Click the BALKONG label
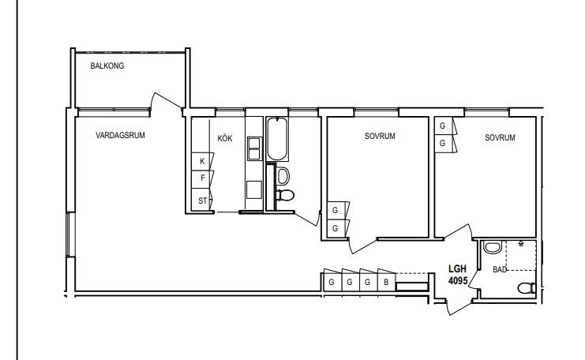pos(107,66)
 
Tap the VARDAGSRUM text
pos(120,135)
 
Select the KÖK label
pos(224,138)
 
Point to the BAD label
pos(500,269)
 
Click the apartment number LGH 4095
pos(458,275)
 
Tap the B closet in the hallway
pos(387,283)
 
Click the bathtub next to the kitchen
pos(277,139)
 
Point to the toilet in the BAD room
pos(527,288)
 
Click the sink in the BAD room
pos(492,248)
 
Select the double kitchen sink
pos(254,149)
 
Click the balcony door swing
pos(166,102)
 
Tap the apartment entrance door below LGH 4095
pos(459,306)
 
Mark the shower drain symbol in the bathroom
pos(521,244)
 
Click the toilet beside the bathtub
pos(286,195)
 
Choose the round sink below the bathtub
pos(283,176)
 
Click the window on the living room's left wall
pos(71,234)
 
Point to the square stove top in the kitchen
pos(254,189)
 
